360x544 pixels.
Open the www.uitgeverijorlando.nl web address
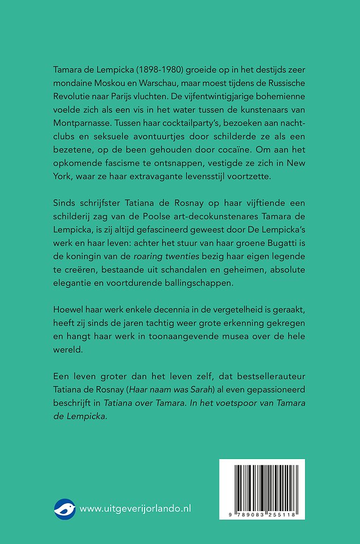[135, 509]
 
